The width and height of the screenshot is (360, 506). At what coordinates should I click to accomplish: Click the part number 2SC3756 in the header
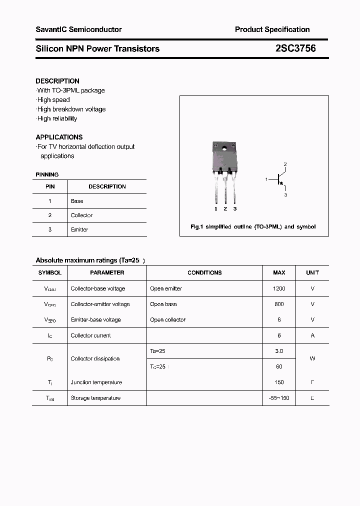[295, 48]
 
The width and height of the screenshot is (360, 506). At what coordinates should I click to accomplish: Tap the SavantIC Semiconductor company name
[78, 29]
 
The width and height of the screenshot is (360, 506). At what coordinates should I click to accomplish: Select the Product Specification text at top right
[272, 29]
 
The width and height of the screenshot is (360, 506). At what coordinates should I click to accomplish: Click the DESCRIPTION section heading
[57, 81]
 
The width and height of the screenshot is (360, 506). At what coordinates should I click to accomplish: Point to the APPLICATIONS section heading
[59, 137]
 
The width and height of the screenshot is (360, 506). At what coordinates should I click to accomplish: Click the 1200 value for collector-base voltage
[279, 288]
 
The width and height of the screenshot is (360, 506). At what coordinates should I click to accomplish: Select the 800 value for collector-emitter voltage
[279, 304]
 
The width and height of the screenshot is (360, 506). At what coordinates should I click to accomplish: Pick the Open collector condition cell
[167, 319]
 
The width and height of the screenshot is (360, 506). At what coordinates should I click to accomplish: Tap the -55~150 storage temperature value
[279, 398]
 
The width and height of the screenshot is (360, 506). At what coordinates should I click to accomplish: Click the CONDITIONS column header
[204, 272]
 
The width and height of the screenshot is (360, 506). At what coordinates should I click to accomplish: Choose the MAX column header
[279, 272]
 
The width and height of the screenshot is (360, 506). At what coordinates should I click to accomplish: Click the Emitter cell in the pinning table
[79, 229]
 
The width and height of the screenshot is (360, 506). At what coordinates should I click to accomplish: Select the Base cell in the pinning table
[77, 201]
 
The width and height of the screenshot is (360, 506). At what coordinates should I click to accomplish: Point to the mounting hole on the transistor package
[225, 148]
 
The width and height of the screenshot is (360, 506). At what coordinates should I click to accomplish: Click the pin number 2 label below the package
[225, 208]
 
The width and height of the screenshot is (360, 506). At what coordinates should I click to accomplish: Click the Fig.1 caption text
[253, 226]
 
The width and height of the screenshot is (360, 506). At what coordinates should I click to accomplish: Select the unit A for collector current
[312, 335]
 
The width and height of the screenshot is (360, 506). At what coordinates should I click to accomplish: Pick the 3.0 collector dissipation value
[279, 351]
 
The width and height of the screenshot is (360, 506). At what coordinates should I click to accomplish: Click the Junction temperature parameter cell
[96, 382]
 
